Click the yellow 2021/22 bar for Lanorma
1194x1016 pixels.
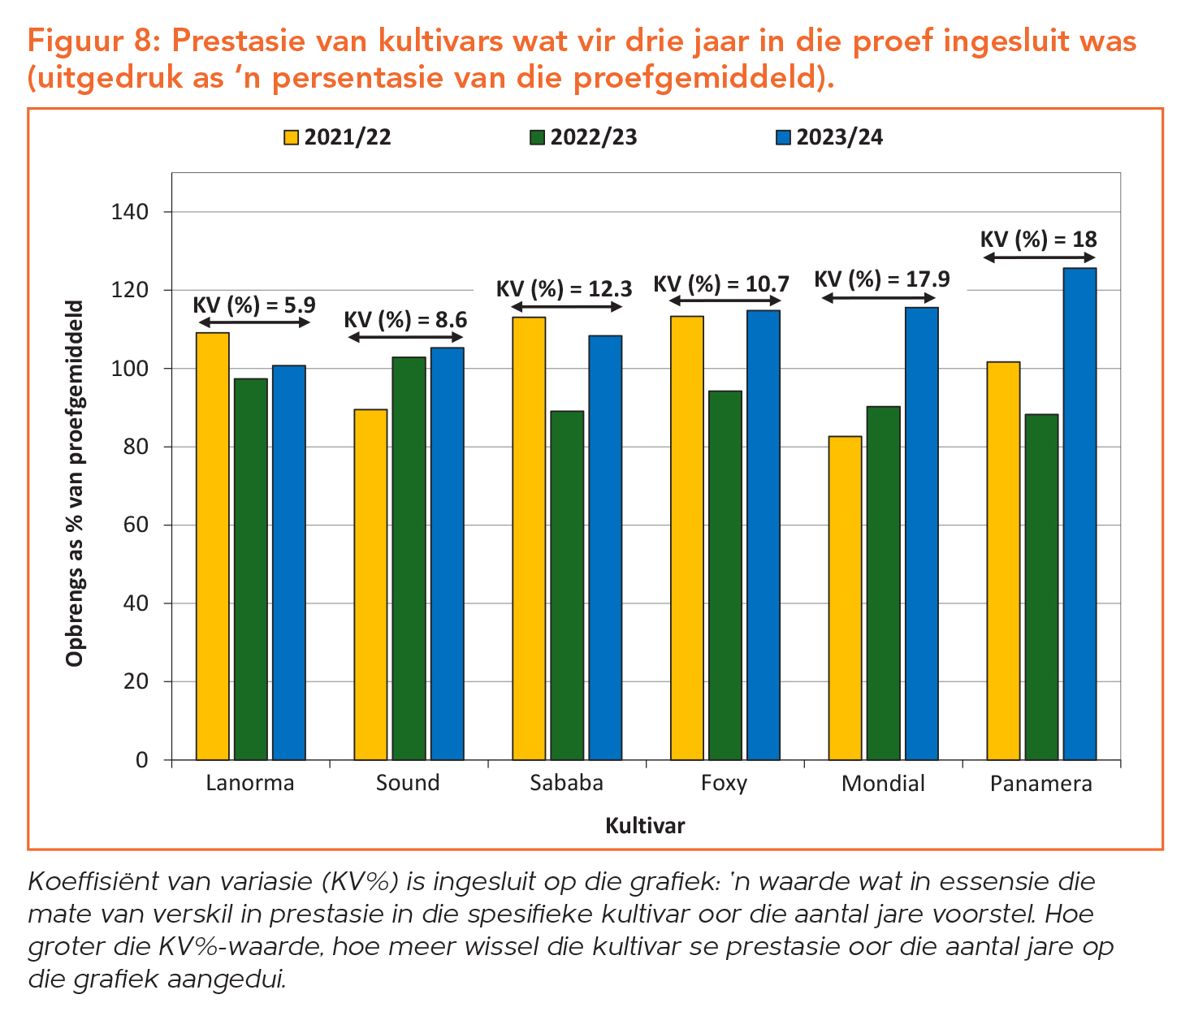pos(213,546)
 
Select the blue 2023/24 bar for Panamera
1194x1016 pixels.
pos(1079,513)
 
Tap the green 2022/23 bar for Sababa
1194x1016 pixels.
pos(567,585)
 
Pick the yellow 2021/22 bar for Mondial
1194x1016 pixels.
pos(845,598)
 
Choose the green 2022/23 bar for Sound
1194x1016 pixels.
pos(409,558)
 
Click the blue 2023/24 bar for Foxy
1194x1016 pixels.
pos(764,534)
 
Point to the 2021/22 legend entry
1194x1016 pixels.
pos(338,137)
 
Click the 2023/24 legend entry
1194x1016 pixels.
pos(829,137)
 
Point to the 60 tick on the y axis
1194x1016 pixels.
pos(140,525)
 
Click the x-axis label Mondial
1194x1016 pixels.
pos(883,784)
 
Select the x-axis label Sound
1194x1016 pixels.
pos(408,784)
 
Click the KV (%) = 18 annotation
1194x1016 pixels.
pos(1038,240)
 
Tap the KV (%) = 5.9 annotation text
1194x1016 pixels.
pos(253,305)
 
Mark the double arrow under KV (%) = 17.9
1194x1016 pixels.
pos(878,298)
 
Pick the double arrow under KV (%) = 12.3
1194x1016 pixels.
pos(566,307)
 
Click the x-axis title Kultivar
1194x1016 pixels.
pos(645,826)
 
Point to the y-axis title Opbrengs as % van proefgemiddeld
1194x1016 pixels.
pos(75,482)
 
